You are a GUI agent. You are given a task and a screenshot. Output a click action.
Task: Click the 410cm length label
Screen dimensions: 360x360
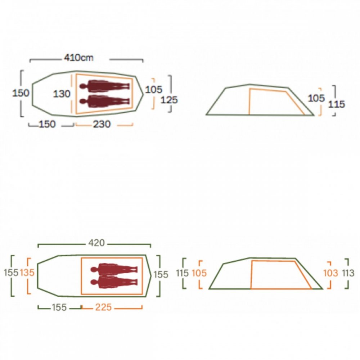pyautogui.click(x=79, y=57)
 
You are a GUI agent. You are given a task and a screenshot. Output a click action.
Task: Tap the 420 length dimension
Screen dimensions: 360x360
pyautogui.click(x=96, y=243)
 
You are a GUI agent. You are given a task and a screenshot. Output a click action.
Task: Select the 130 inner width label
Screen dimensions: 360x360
pyautogui.click(x=62, y=94)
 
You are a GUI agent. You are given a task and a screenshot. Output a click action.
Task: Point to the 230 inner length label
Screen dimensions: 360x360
pyautogui.click(x=102, y=124)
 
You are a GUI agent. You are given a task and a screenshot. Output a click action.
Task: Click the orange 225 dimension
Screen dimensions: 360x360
pyautogui.click(x=103, y=307)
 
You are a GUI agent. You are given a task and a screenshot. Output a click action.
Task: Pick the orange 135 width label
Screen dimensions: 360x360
pyautogui.click(x=27, y=273)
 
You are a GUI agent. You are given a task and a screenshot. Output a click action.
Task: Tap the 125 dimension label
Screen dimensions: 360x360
pyautogui.click(x=169, y=100)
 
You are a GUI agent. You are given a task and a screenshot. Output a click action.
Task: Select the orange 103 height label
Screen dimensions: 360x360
pyautogui.click(x=330, y=273)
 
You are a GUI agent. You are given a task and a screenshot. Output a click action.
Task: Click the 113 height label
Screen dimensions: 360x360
pyautogui.click(x=348, y=273)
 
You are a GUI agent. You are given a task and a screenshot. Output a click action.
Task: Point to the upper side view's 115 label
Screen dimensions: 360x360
pyautogui.click(x=337, y=104)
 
